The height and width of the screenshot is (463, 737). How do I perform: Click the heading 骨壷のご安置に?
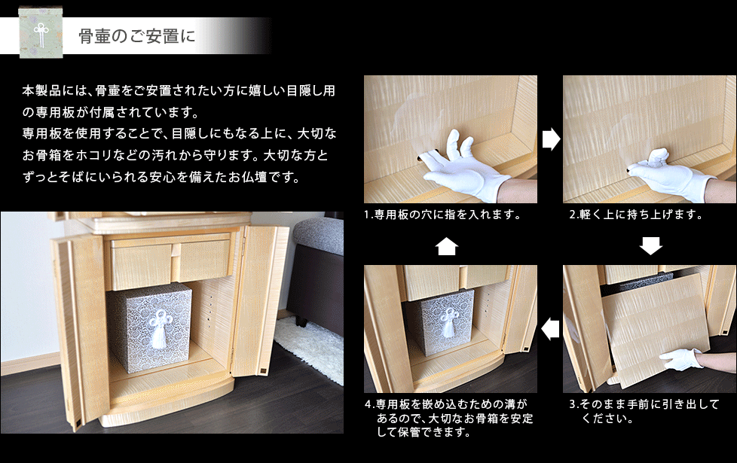click(x=136, y=36)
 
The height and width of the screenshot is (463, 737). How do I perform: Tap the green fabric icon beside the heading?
click(x=41, y=33)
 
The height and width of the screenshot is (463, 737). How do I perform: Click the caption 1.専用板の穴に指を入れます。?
click(x=442, y=215)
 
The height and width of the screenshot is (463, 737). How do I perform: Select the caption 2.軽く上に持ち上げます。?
click(x=637, y=215)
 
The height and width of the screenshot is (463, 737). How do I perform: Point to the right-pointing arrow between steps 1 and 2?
click(x=551, y=139)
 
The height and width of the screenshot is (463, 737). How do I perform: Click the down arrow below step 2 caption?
click(x=651, y=245)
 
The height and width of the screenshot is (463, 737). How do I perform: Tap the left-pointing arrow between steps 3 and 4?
click(x=550, y=329)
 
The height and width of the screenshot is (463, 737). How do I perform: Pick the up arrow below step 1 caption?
click(x=447, y=246)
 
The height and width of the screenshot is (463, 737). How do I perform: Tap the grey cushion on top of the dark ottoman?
click(x=319, y=235)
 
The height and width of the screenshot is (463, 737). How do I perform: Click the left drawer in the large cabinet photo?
click(x=140, y=264)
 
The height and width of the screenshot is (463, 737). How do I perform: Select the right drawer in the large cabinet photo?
click(x=203, y=260)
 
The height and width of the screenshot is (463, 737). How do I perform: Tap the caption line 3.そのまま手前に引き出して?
click(x=644, y=404)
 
